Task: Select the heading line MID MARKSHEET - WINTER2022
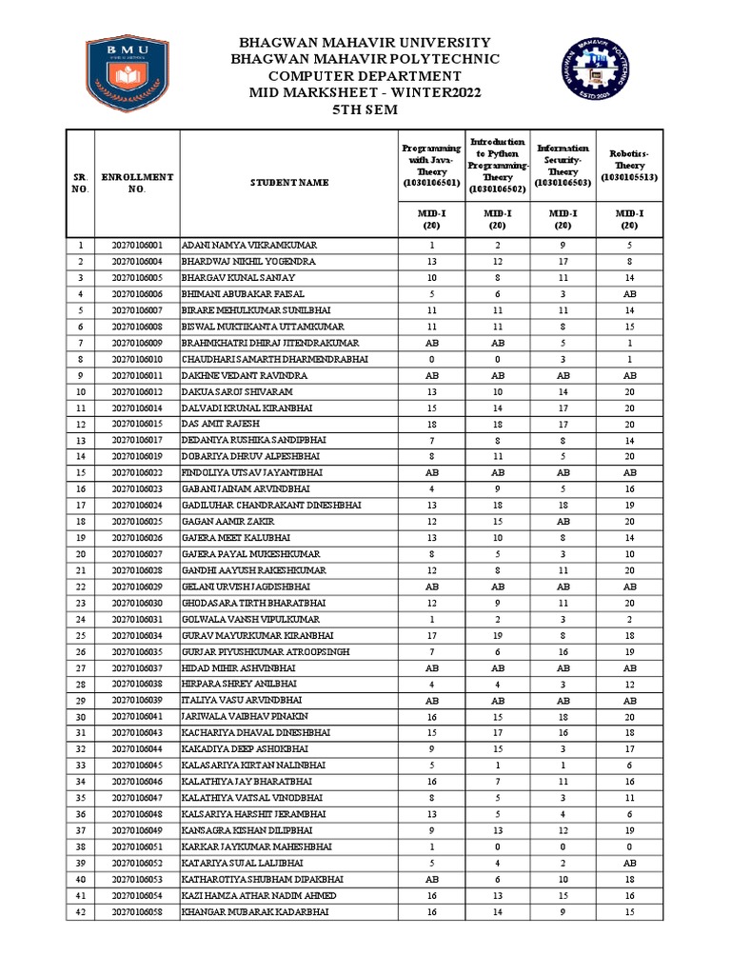tap(366, 92)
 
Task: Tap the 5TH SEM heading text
tap(366, 109)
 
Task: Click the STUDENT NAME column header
tap(289, 183)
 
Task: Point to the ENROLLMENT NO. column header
tap(138, 183)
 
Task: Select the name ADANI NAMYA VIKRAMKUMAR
tap(249, 245)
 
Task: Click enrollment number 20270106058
tap(138, 911)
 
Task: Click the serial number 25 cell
tap(81, 635)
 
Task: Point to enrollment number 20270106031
tap(138, 619)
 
